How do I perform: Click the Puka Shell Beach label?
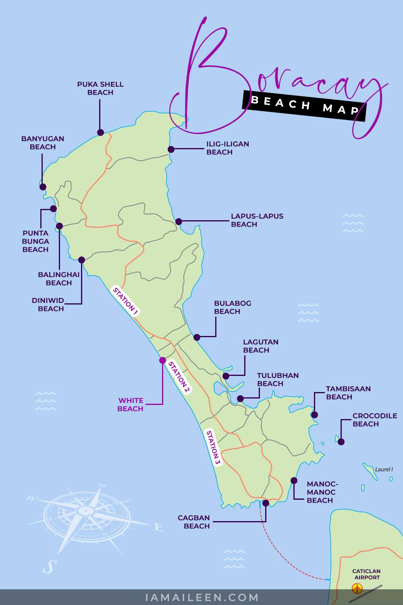pyautogui.click(x=100, y=88)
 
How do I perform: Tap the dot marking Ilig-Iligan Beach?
pyautogui.click(x=171, y=149)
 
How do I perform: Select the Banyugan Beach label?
pyautogui.click(x=43, y=143)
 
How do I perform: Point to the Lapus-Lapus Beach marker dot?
pyautogui.click(x=179, y=221)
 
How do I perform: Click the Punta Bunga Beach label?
pyautogui.click(x=35, y=241)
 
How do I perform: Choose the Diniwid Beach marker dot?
pyautogui.click(x=81, y=260)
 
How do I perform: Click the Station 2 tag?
pyautogui.click(x=179, y=377)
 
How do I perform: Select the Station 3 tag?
pyautogui.click(x=213, y=447)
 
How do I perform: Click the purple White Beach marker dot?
pyautogui.click(x=162, y=360)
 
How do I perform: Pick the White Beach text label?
pyautogui.click(x=131, y=405)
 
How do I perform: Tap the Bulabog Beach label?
pyautogui.click(x=233, y=307)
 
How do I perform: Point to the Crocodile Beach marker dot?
pyautogui.click(x=341, y=442)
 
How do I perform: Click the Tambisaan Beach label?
pyautogui.click(x=348, y=393)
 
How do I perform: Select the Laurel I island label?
pyautogui.click(x=384, y=469)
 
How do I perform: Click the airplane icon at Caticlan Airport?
pyautogui.click(x=357, y=588)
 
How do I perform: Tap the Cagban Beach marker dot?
pyautogui.click(x=266, y=503)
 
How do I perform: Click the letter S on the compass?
pyautogui.click(x=48, y=566)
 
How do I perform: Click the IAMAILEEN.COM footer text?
pyautogui.click(x=201, y=597)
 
